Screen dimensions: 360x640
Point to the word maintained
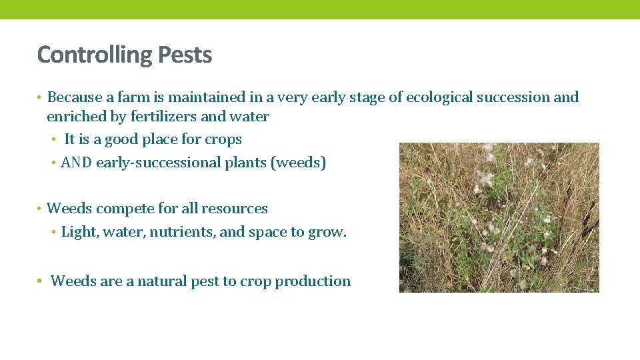tap(215, 97)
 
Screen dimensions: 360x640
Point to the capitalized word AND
tap(77, 163)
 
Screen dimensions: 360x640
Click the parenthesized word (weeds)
tap(298, 163)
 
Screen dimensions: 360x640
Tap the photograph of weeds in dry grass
tap(499, 217)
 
